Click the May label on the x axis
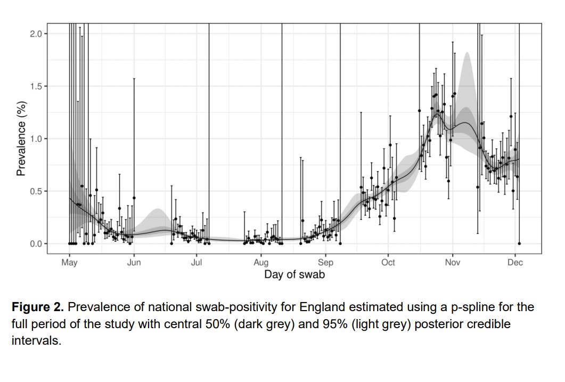tap(69, 262)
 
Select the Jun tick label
tap(134, 262)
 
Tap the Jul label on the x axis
tap(196, 262)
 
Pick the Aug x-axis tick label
tap(261, 262)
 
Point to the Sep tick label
tap(325, 262)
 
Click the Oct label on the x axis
tap(388, 262)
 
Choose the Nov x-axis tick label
tap(453, 262)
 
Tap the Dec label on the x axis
tap(515, 262)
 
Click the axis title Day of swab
tap(294, 275)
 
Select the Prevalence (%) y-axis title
tap(21, 140)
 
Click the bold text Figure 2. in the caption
tap(37, 307)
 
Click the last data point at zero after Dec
tap(519, 243)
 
